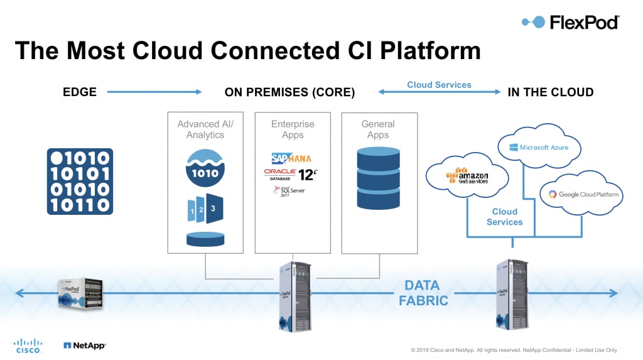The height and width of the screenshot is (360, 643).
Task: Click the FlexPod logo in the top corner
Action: (x=570, y=22)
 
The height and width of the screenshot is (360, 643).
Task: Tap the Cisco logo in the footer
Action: (x=28, y=346)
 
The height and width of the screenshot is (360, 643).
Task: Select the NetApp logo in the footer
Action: (x=85, y=345)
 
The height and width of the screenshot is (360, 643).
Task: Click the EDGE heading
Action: (x=80, y=92)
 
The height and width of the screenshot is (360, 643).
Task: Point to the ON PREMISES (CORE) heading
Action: (x=289, y=92)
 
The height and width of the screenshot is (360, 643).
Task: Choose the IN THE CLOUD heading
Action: (x=550, y=92)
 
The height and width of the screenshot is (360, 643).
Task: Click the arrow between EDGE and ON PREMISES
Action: (x=154, y=92)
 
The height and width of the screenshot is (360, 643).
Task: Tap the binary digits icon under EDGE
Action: (x=80, y=182)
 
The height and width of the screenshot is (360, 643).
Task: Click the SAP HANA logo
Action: (x=291, y=158)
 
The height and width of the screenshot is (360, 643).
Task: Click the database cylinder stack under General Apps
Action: (x=378, y=178)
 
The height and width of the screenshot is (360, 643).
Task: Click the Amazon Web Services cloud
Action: (x=467, y=177)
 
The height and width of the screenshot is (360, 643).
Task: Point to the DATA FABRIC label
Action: (x=424, y=293)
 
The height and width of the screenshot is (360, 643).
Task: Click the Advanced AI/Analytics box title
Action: (x=205, y=129)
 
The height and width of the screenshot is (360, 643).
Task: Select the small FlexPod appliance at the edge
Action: (x=80, y=292)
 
